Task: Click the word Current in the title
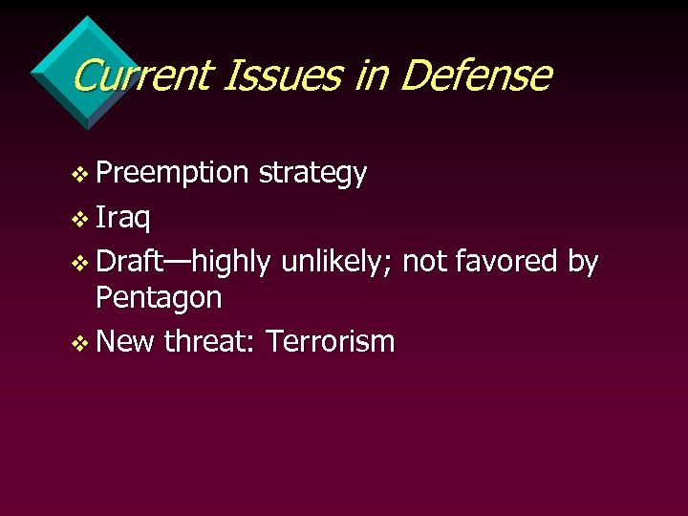(x=139, y=75)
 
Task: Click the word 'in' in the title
(x=372, y=75)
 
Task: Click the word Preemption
(x=172, y=174)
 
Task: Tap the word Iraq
(x=123, y=217)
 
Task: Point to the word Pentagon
(x=159, y=298)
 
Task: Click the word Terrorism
(x=330, y=340)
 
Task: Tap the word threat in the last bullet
(x=208, y=340)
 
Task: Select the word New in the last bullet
(x=125, y=340)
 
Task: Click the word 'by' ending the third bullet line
(x=583, y=260)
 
